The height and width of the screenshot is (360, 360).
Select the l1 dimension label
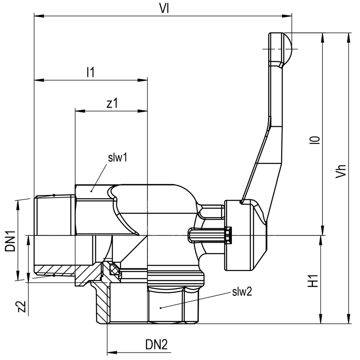(90, 72)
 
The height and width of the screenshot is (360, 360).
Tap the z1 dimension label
(112, 103)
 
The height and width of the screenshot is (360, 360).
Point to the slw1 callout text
(118, 158)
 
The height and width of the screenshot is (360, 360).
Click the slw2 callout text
(242, 292)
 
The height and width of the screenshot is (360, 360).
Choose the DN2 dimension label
(156, 344)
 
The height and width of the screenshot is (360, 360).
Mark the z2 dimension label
(22, 306)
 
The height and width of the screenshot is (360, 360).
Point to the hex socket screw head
(228, 235)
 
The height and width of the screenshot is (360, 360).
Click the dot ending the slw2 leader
(161, 308)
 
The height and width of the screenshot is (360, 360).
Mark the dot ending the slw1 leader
(92, 191)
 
